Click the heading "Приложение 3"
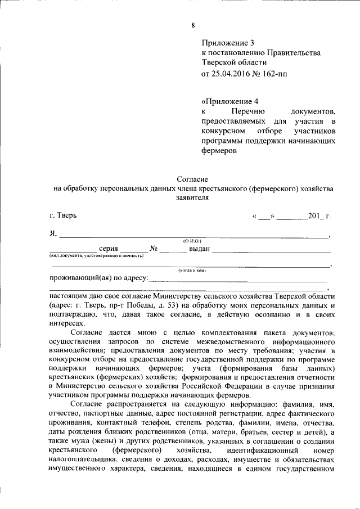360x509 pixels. (228, 42)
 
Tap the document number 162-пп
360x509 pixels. (274, 74)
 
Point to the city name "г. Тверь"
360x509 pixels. (64, 215)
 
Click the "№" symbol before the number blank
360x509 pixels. (153, 249)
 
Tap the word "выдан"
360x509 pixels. (199, 249)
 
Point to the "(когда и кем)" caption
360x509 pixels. (192, 271)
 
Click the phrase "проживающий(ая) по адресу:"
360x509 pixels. (98, 278)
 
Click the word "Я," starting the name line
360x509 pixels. (53, 234)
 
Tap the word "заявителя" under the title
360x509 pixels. (192, 198)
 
